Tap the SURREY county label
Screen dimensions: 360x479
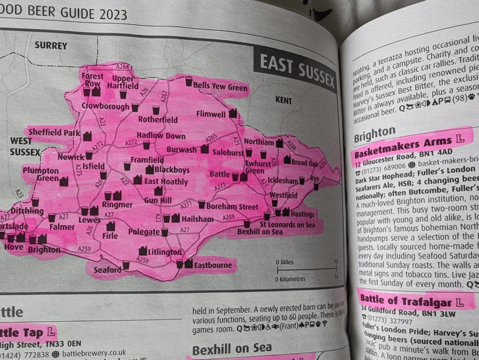pos(51,46)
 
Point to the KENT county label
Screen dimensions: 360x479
pos(284,99)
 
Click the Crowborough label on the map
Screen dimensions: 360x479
pos(105,106)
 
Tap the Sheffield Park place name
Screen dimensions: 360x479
pos(52,132)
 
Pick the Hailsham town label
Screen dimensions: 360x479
pos(197,219)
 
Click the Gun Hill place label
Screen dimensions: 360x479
pos(158,199)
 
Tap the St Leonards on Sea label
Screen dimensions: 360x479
pos(287,225)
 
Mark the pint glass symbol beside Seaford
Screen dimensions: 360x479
pos(126,264)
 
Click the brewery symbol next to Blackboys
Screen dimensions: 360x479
pos(150,170)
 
